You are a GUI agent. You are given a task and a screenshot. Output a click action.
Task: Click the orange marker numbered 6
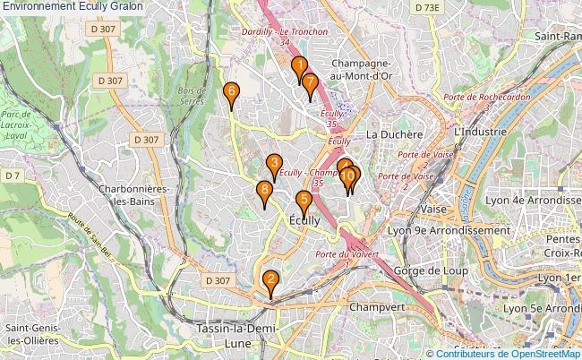(231, 91)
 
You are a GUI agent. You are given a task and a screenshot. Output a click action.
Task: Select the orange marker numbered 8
(274, 163)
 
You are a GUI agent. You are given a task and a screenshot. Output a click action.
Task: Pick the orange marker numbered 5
(304, 201)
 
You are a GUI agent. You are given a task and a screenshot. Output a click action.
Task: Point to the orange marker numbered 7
(310, 83)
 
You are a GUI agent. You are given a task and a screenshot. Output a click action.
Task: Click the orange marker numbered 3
(274, 163)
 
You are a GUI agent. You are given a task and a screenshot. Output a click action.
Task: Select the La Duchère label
(394, 134)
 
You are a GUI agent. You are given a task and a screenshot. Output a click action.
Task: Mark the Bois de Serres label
(191, 96)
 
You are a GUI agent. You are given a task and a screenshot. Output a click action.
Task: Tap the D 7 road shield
(13, 175)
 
